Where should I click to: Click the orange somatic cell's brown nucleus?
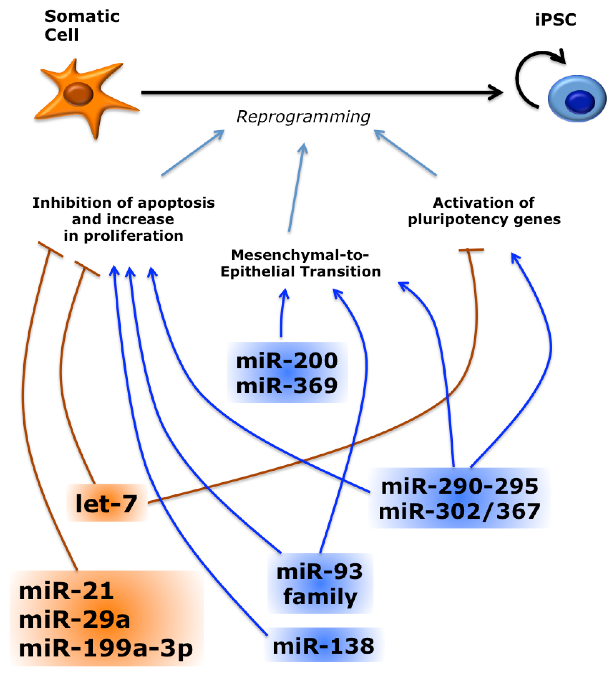78,94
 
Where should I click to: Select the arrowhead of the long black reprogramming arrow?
496,92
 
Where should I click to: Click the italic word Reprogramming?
303,117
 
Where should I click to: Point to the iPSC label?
555,20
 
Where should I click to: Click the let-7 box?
107,503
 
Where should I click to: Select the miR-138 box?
323,646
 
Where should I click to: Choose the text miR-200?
287,361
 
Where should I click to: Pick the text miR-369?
287,386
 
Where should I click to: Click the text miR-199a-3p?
106,648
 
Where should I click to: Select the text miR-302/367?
459,512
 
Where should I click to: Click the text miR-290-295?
460,487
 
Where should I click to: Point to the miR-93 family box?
320,584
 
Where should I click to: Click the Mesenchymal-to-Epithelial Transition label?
300,263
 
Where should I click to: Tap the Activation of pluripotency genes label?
484,211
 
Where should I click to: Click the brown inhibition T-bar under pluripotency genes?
471,250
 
